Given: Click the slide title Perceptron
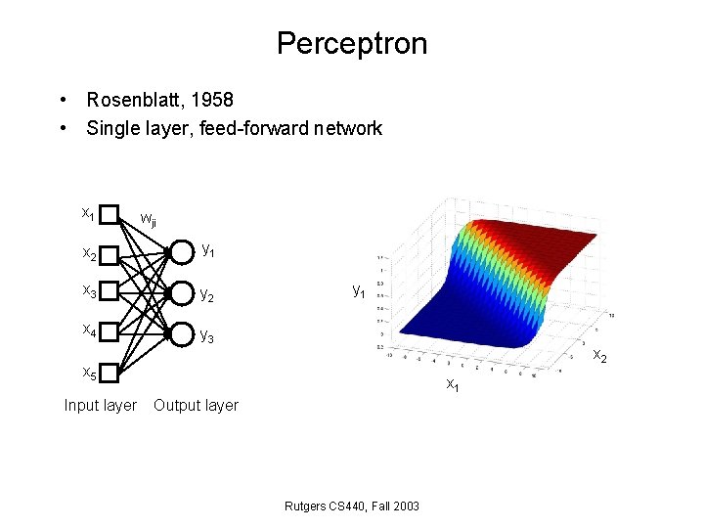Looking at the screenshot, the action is pos(351,44).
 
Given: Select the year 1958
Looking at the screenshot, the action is pos(210,100).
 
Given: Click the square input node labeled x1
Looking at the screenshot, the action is pos(110,214).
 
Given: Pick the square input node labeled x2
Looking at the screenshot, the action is pos(110,254).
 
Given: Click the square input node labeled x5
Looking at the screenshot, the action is pos(110,373).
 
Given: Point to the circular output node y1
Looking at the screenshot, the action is pos(181,253).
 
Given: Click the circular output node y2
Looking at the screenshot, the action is pos(181,293).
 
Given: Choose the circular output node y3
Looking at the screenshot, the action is pos(181,333).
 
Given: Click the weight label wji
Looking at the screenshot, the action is pos(149,219).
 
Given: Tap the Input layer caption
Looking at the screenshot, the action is pos(100,405).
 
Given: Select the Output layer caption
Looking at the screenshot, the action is pos(196,405).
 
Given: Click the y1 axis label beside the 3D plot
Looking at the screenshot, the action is pos(359,290).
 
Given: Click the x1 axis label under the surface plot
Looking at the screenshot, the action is pos(453,385).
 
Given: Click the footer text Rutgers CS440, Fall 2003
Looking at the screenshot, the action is pos(351,506).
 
